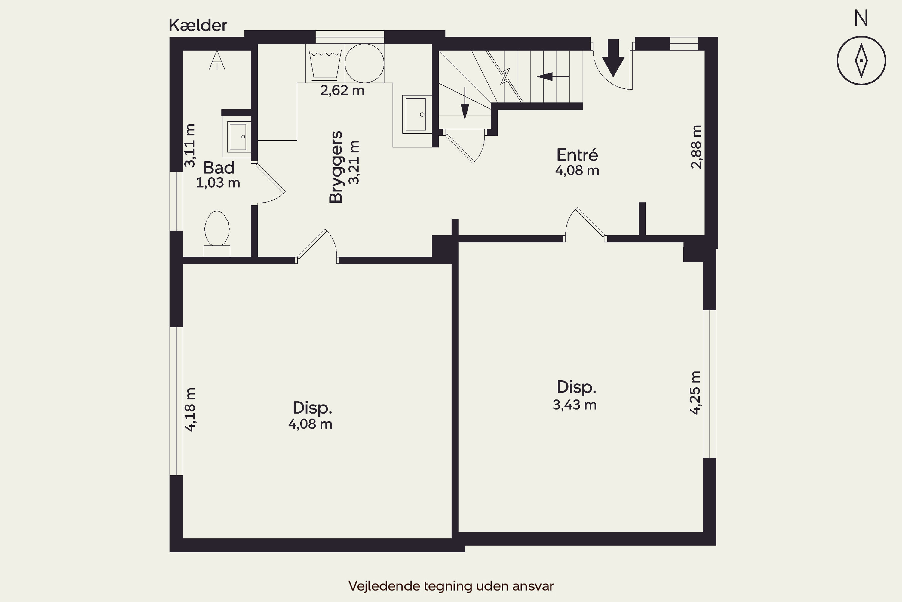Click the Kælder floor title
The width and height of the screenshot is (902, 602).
point(198,26)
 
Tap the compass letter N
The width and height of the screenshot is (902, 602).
point(861,18)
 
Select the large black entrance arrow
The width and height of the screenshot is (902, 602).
point(613,57)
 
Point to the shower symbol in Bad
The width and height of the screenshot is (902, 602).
point(217,60)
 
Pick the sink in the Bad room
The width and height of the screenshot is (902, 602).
point(237,137)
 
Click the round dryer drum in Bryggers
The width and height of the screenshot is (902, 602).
point(364,63)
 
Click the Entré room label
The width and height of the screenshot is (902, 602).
point(577,155)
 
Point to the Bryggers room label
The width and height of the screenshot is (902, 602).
point(336,167)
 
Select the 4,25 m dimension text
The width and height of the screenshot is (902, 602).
point(695,393)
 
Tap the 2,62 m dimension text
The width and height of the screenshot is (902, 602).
point(342,91)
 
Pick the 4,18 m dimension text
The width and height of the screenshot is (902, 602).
point(190,410)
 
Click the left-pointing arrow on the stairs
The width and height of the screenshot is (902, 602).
point(553,77)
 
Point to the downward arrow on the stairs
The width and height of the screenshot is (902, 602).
point(465,103)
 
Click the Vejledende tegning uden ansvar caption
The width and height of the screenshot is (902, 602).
point(451,586)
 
